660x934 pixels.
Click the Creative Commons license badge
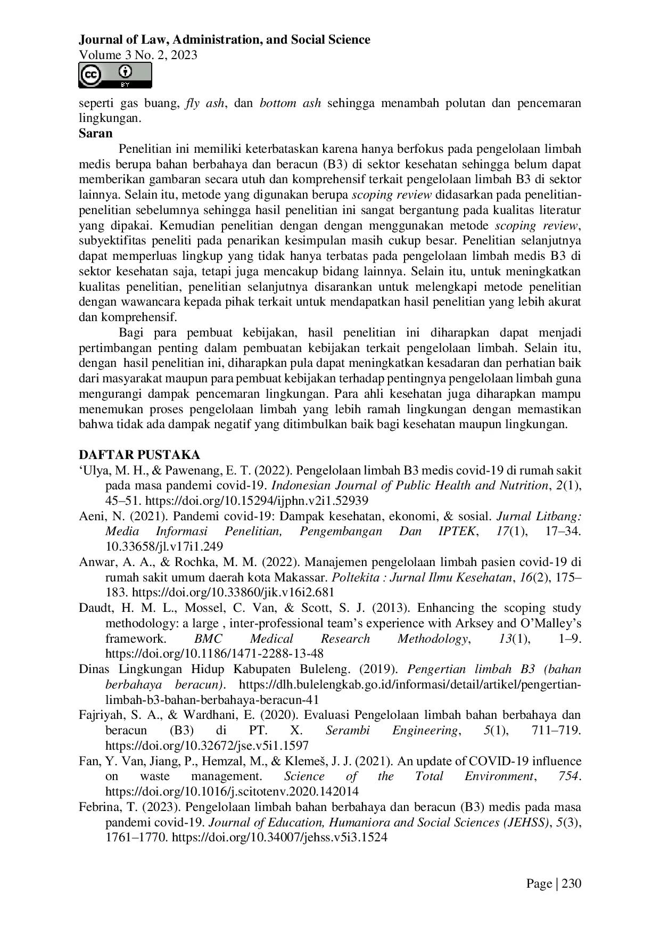coord(115,75)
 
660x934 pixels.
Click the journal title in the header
coord(224,39)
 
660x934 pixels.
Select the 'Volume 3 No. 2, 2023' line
coord(138,55)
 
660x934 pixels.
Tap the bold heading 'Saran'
coord(96,133)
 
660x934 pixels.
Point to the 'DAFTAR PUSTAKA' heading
coord(139,455)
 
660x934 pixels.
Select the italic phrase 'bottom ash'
coord(290,103)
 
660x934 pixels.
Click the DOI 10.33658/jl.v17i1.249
coord(164,546)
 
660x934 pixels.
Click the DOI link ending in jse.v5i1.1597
coord(207,745)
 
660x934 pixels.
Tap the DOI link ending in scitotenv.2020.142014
coord(232,791)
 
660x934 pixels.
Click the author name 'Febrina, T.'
coord(105,807)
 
